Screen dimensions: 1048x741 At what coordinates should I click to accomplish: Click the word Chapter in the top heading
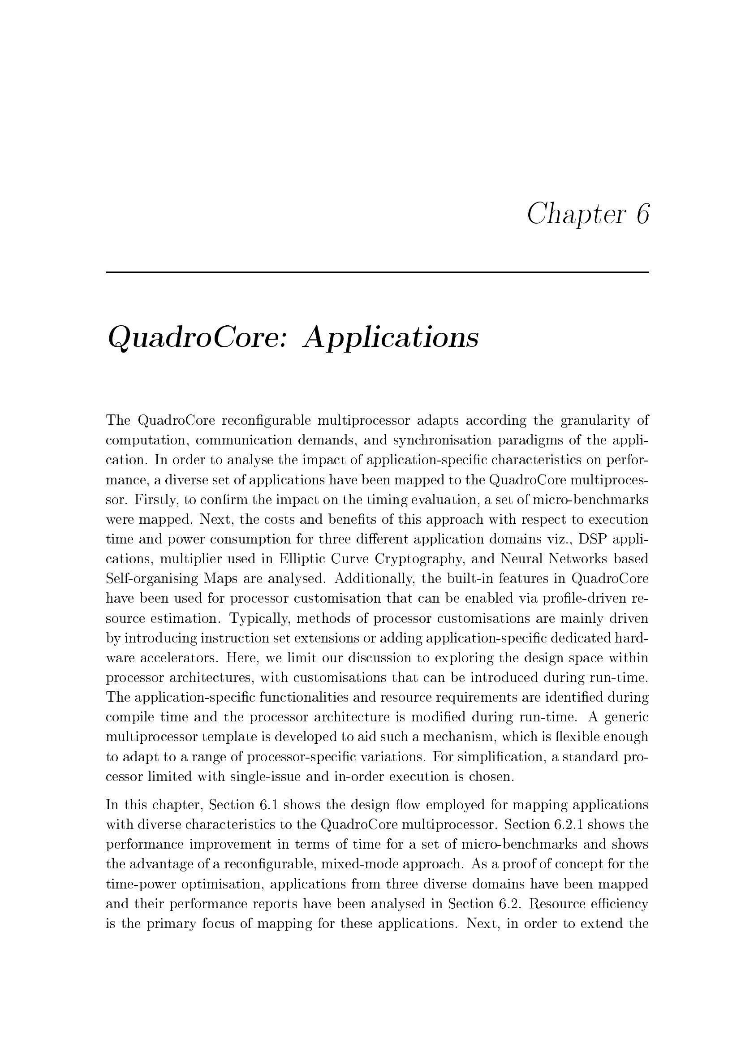click(574, 214)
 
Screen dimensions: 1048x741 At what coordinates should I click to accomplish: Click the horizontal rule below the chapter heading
click(377, 272)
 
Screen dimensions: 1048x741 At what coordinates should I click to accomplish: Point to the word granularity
click(594, 420)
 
